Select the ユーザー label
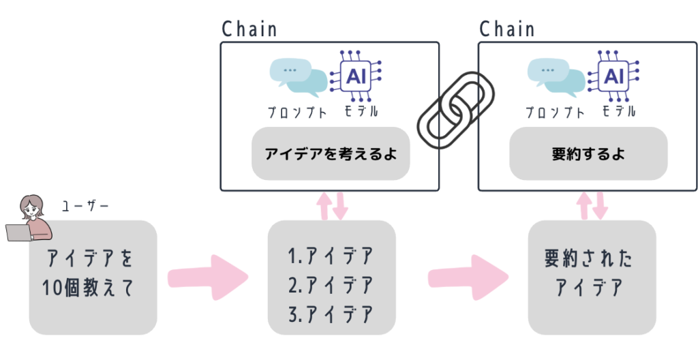pos(85,205)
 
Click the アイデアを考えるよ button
pos(331,154)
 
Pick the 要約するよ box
pos(588,154)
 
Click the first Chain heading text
pos(249,29)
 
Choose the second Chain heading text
pos(507,29)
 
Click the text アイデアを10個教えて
pos(91,273)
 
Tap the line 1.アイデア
pos(331,256)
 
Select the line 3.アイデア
pos(331,314)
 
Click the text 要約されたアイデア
pos(590,273)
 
